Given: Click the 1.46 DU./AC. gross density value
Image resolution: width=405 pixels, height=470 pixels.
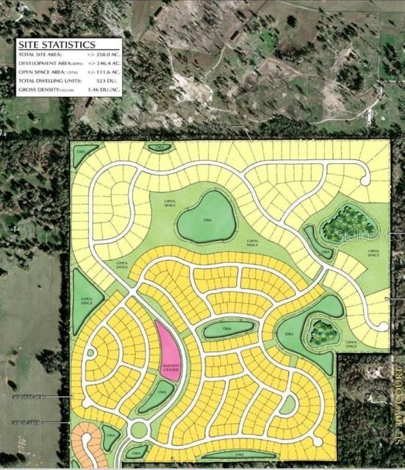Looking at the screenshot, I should point(104,89).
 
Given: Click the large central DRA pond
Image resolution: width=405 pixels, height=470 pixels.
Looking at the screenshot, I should point(208,218).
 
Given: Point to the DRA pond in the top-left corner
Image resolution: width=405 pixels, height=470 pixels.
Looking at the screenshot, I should point(82,155).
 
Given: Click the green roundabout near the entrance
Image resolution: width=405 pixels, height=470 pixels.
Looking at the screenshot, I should point(139,429).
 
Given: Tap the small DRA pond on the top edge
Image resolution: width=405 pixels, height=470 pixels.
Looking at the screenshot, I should point(159,147).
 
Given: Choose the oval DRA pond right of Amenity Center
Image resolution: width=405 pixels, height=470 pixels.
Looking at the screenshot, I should point(229,330).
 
